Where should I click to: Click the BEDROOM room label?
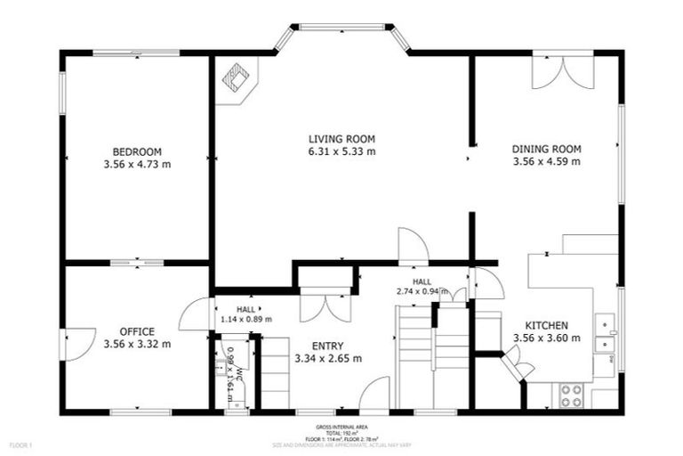137,151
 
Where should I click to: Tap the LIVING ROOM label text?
341,139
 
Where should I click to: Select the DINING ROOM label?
546,149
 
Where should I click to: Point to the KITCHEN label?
546,325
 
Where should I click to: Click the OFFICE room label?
137,331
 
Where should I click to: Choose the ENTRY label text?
327,346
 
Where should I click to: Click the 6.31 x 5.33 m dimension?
341,151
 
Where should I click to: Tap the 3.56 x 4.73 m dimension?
137,164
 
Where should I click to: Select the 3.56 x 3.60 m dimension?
546,338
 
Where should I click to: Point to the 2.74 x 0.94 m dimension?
422,291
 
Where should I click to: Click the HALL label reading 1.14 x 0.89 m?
246,313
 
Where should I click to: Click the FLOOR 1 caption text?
20,444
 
